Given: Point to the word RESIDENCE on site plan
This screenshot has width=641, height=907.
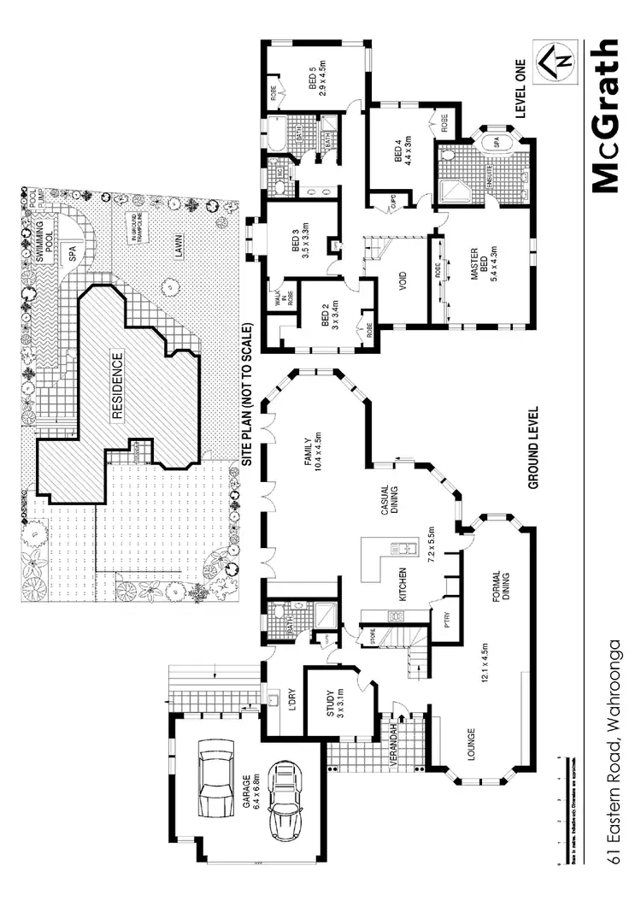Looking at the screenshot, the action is tap(118, 385).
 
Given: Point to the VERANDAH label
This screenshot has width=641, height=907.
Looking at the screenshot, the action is tap(396, 749).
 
